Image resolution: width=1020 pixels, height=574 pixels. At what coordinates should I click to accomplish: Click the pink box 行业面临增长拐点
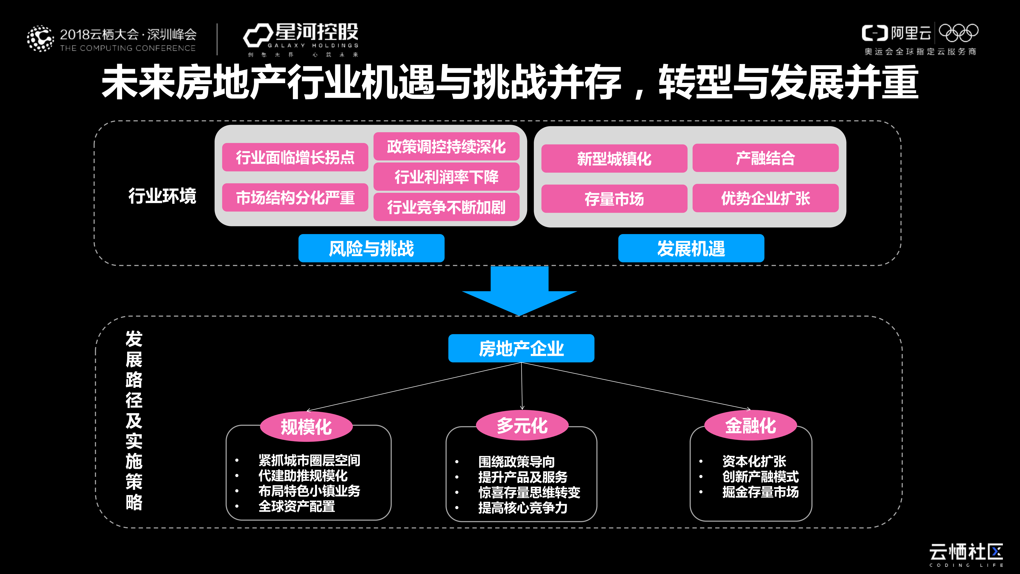pyautogui.click(x=295, y=157)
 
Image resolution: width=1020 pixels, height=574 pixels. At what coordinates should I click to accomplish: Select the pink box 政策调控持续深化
pyautogui.click(x=446, y=147)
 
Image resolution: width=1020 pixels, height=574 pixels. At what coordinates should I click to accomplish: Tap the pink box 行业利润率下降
pyautogui.click(x=446, y=177)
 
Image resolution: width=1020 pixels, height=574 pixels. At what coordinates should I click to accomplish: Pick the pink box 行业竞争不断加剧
pyautogui.click(x=446, y=207)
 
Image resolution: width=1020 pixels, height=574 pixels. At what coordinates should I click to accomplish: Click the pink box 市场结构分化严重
pyautogui.click(x=295, y=197)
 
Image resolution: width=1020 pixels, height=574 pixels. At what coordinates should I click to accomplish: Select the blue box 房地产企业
pyautogui.click(x=521, y=348)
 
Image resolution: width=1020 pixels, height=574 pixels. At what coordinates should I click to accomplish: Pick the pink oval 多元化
pyautogui.click(x=522, y=425)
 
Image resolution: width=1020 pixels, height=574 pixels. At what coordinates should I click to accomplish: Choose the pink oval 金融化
pyautogui.click(x=750, y=425)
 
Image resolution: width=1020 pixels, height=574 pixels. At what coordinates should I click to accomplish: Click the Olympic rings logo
pyautogui.click(x=959, y=33)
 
